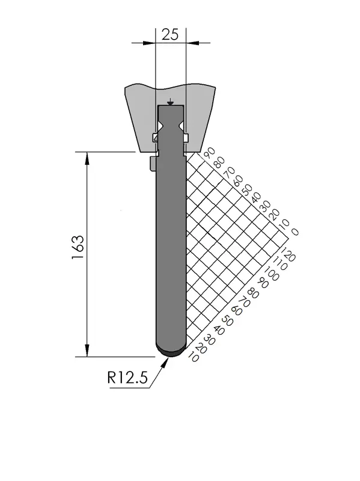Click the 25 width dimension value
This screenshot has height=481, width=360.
tap(170, 34)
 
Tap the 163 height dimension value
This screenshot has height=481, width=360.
tap(78, 247)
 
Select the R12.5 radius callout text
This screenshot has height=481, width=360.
tap(127, 378)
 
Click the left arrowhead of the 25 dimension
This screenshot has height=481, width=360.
tap(149, 43)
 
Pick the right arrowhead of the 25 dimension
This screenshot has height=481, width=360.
tap(192, 43)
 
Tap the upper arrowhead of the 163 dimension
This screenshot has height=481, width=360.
tap(87, 158)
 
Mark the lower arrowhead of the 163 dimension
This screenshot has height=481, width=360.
tap(87, 351)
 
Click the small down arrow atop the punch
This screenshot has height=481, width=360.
tap(171, 102)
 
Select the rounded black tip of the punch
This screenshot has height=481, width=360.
tap(171, 352)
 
